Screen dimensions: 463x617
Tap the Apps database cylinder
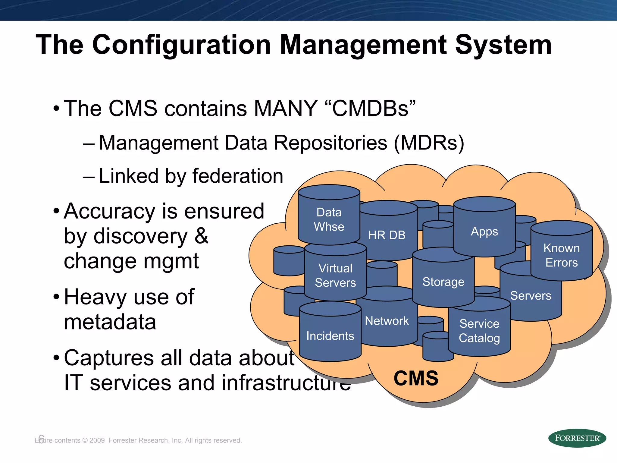(484, 231)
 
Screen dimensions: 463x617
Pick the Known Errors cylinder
(562, 255)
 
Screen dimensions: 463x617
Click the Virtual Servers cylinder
(335, 275)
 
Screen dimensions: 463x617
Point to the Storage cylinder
(443, 282)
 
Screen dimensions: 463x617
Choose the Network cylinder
(387, 321)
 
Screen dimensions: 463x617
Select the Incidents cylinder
(330, 336)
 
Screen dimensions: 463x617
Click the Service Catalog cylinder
(479, 331)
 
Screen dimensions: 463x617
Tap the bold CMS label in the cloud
(416, 378)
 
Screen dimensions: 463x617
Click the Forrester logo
(577, 438)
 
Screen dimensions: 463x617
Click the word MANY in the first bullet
(285, 108)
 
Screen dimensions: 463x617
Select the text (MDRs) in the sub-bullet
(429, 143)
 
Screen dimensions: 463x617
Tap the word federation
(238, 176)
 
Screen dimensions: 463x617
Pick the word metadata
(110, 322)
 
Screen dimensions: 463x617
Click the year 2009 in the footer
(97, 440)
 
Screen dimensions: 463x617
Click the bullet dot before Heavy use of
(56, 297)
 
